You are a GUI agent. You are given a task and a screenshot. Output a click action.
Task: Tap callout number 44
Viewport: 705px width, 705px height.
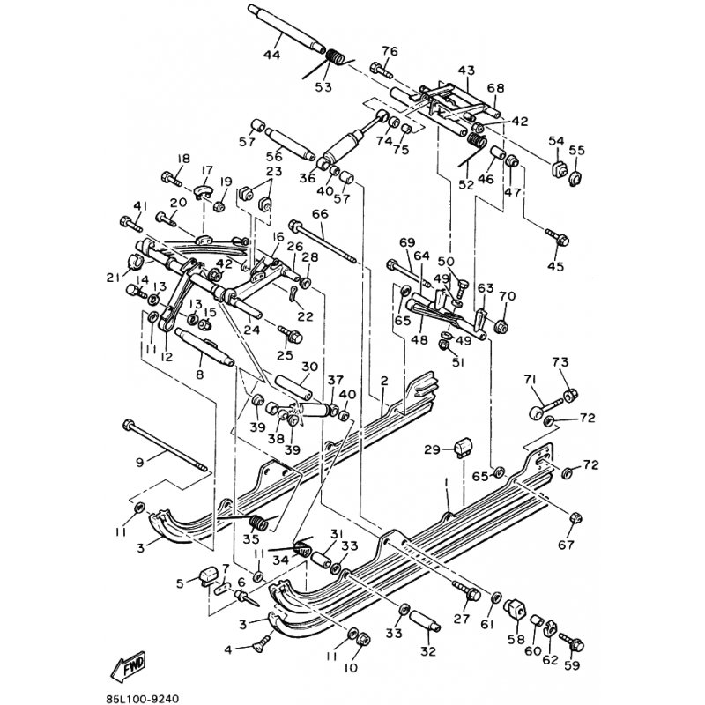tap(271, 56)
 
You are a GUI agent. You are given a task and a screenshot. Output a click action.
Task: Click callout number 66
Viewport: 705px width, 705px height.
tap(319, 214)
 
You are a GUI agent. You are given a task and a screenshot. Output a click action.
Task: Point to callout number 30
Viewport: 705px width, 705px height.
tap(308, 367)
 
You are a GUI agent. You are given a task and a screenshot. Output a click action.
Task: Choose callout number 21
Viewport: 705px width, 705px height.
tap(112, 278)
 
